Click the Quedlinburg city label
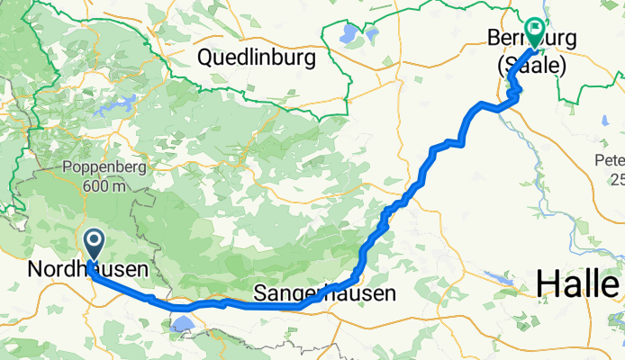click(257, 59)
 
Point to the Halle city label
click(577, 284)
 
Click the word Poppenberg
click(97, 169)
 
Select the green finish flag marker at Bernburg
click(534, 31)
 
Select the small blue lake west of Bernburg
click(348, 37)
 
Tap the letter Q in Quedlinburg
click(205, 59)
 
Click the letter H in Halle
click(547, 284)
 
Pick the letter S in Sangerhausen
click(261, 293)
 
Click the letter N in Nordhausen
click(33, 269)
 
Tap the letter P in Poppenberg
click(67, 169)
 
